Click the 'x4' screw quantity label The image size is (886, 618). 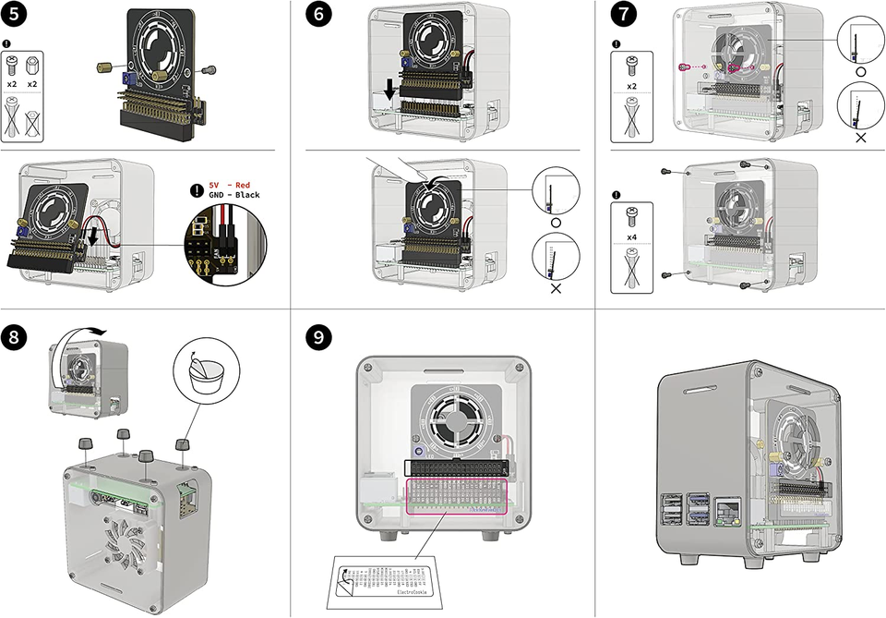pos(632,237)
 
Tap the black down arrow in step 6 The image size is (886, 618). pos(390,90)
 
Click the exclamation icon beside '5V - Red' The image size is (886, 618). pos(197,190)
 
